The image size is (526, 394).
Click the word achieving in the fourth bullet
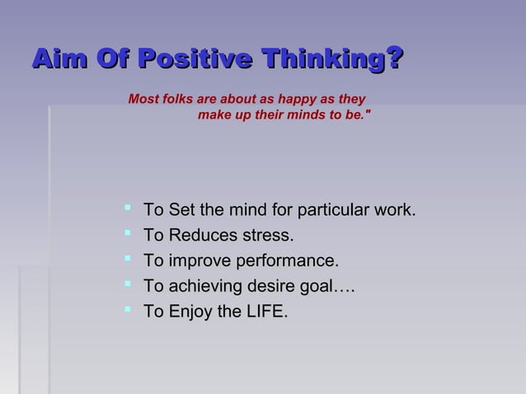tap(204, 288)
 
